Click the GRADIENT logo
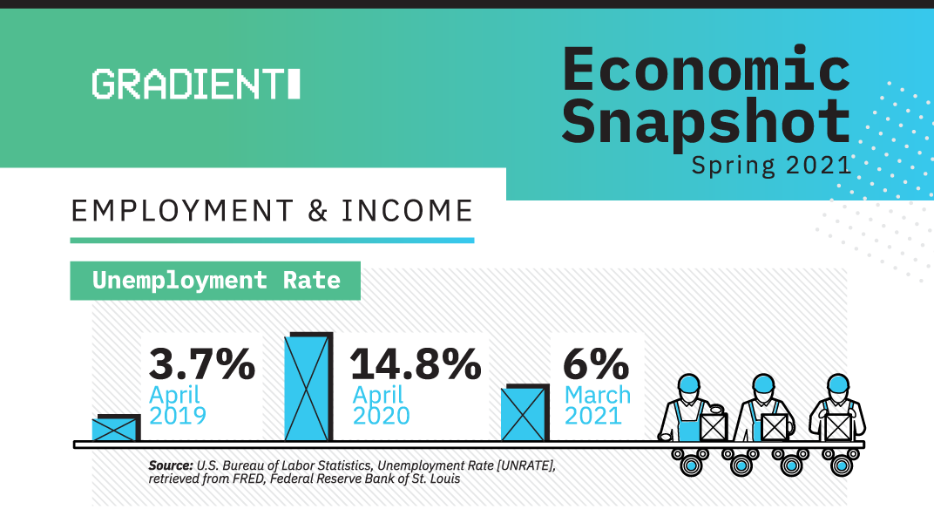tap(196, 84)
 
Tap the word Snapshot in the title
tap(706, 122)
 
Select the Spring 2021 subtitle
tap(771, 165)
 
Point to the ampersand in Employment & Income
tap(318, 211)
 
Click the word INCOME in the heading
tap(408, 211)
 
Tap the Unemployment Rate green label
tap(215, 281)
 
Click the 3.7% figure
tap(202, 363)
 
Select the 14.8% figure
tap(416, 363)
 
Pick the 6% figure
tap(596, 363)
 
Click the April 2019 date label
tap(178, 405)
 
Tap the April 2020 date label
tap(382, 405)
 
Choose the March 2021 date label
tap(598, 405)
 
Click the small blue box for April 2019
tap(116, 428)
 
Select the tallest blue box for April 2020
tap(308, 387)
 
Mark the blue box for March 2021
tap(525, 413)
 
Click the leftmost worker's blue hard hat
tap(688, 384)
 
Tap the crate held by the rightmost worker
tap(837, 426)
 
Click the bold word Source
tap(171, 465)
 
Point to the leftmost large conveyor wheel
tap(691, 465)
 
